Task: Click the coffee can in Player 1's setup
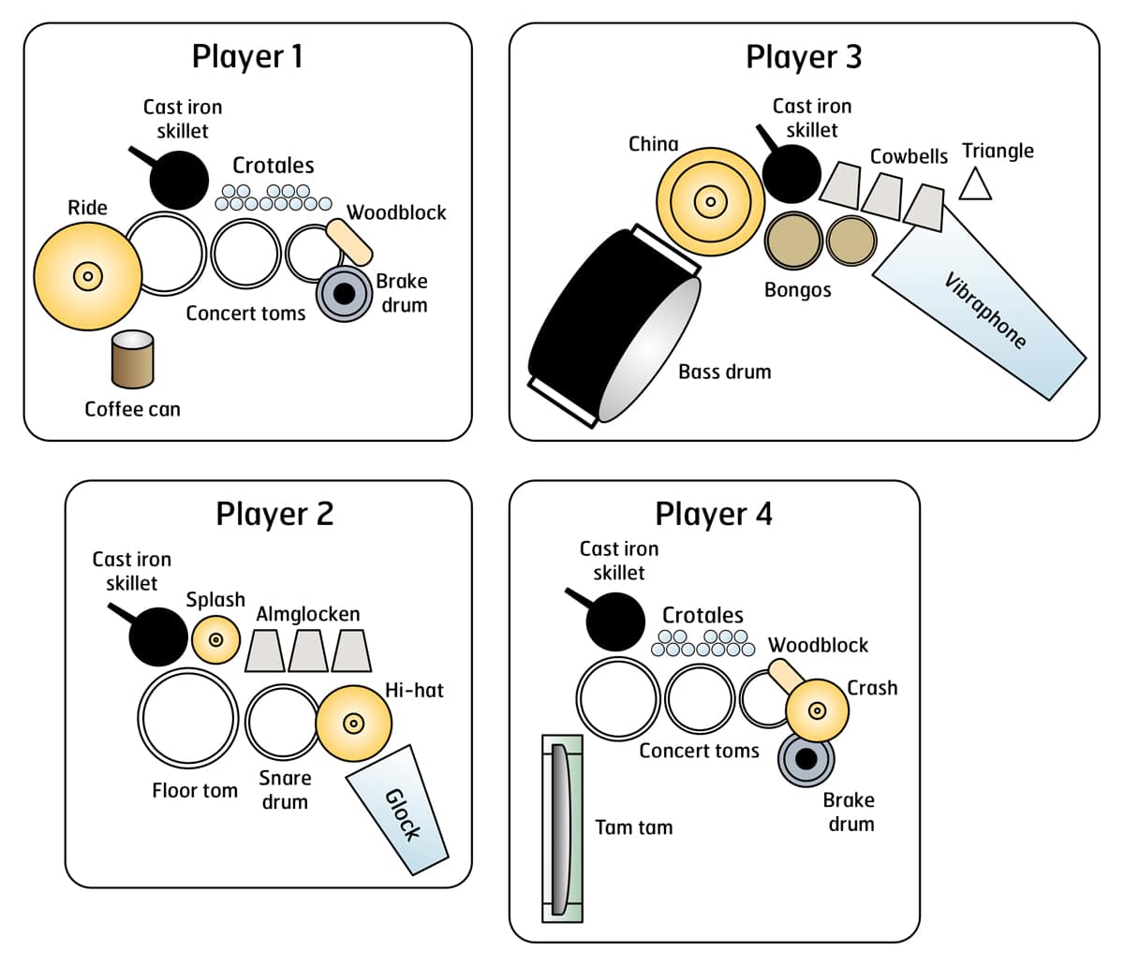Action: tap(132, 359)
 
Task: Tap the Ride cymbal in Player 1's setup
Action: tap(87, 275)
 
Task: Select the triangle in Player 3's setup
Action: tap(975, 183)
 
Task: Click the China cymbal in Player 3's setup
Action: tap(710, 201)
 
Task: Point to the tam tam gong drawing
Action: tap(562, 827)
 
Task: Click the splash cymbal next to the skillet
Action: tap(216, 639)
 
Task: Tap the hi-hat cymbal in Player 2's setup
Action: tap(353, 723)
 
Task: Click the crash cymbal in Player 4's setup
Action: tap(817, 710)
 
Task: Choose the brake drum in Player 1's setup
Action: tap(345, 294)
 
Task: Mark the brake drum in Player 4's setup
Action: tap(806, 759)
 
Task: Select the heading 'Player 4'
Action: tap(714, 514)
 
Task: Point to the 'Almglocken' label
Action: tap(308, 614)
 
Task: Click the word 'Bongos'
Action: tap(797, 289)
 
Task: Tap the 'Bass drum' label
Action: tap(724, 372)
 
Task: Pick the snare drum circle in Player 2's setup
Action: tap(282, 722)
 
